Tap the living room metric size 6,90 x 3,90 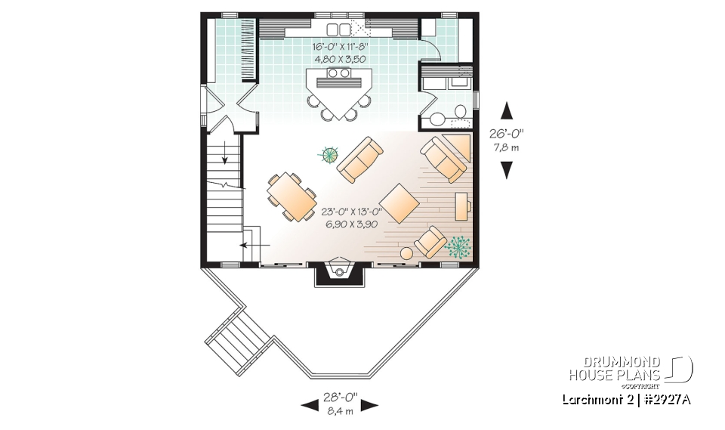350,224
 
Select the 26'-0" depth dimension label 506,132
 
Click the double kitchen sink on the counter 339,29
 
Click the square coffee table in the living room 400,203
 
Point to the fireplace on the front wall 338,272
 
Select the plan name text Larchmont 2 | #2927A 626,400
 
